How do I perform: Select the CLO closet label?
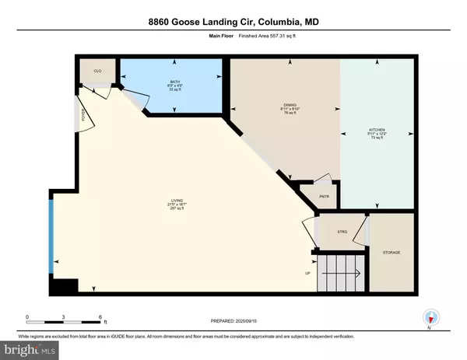pyautogui.click(x=98, y=69)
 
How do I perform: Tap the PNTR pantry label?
pyautogui.click(x=324, y=196)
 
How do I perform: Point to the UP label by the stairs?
pyautogui.click(x=307, y=273)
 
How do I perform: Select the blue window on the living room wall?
pyautogui.click(x=51, y=232)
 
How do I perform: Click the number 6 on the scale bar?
pyautogui.click(x=100, y=316)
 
